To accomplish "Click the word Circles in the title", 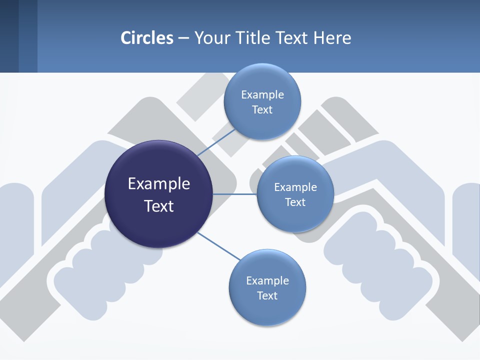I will [147, 37].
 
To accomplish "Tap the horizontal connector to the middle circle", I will [235, 194].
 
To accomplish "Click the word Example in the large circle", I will [159, 184].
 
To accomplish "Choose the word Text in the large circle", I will [159, 206].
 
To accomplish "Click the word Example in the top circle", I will [262, 95].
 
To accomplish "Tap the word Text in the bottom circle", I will [267, 296].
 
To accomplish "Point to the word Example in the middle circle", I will [295, 187].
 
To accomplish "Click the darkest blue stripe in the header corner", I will [9, 36].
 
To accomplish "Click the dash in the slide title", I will [183, 38].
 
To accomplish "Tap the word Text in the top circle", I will [262, 110].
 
